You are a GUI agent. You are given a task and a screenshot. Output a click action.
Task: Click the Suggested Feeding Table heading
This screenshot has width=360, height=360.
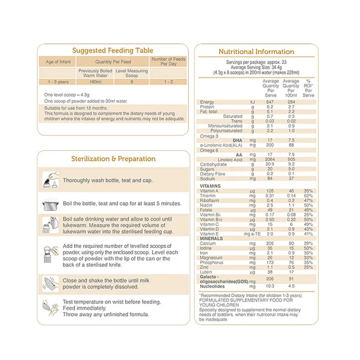tap(112, 51)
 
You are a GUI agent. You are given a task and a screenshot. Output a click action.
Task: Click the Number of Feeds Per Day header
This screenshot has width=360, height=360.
tap(168, 62)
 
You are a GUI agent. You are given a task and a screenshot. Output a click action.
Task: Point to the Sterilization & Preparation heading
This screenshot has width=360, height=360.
tap(113, 159)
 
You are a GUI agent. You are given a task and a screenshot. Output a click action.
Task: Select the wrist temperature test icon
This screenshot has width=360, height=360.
tap(49, 308)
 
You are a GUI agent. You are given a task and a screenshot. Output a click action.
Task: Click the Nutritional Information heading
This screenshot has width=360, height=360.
tap(256, 52)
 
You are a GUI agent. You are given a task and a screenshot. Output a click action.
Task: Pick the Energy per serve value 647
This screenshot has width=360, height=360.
tap(270, 102)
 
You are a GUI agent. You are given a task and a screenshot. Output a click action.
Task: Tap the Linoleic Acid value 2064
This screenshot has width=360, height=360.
tap(270, 160)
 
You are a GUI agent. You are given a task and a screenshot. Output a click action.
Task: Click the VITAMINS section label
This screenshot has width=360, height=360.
tap(210, 186)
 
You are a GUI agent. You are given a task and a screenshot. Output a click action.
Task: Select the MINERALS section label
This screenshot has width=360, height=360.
tap(211, 238)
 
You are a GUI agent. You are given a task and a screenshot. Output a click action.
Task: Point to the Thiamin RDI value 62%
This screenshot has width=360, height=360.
tap(308, 196)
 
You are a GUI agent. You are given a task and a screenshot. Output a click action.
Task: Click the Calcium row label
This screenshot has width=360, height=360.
tap(208, 243)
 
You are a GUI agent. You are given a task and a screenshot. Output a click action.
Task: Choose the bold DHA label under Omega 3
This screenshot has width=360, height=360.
tap(237, 140)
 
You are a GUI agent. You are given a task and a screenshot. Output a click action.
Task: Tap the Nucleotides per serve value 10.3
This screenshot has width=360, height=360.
tap(270, 286)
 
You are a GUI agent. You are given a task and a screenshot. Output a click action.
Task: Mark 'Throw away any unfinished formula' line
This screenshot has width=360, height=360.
tap(106, 315)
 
